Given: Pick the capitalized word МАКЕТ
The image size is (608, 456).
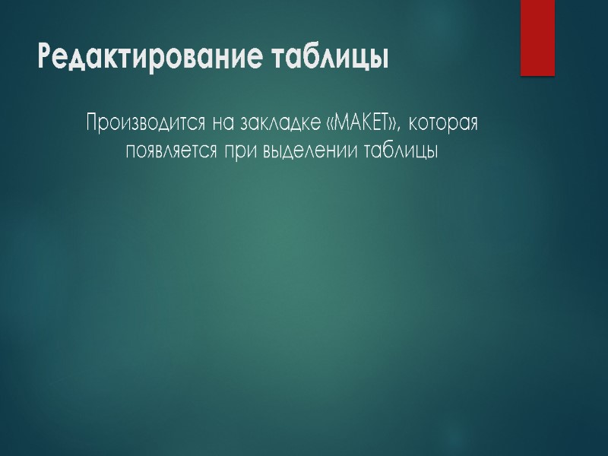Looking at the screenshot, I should pos(361,122).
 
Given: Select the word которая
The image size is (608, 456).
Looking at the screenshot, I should pos(442,122).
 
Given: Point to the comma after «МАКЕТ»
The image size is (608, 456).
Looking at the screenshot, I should pos(400,128).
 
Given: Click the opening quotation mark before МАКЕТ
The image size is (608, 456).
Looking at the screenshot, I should pos(328,123).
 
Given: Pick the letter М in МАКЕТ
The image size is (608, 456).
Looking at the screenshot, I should pos(340,122).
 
